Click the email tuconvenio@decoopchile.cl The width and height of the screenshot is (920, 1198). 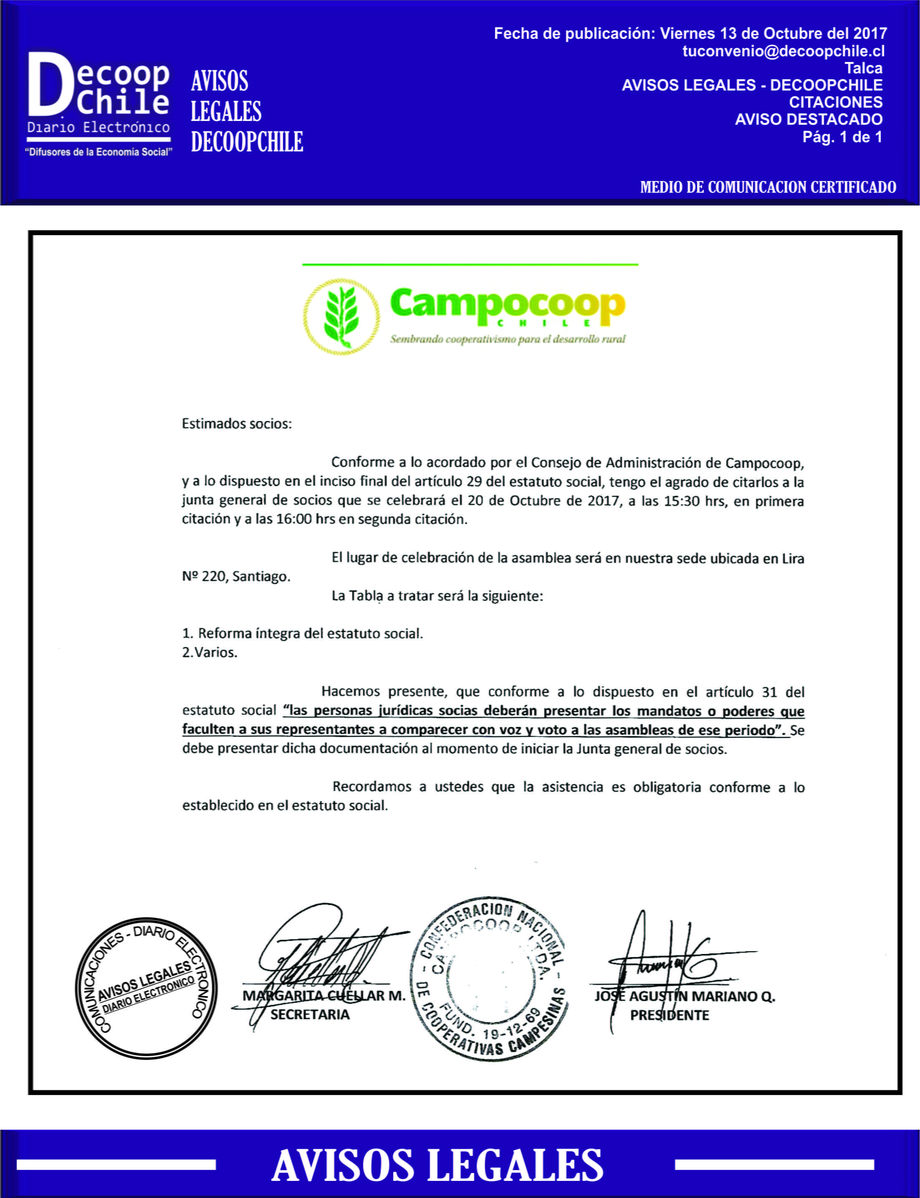(783, 51)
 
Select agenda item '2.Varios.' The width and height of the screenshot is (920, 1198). (210, 652)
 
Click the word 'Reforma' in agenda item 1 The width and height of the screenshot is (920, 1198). (225, 634)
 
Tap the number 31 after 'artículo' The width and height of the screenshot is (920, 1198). (769, 692)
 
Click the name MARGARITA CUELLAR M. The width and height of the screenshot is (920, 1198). (324, 996)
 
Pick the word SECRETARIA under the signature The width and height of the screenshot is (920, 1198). (310, 1014)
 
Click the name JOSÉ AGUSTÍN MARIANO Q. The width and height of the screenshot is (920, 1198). (685, 997)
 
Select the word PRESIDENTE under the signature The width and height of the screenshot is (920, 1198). (669, 1015)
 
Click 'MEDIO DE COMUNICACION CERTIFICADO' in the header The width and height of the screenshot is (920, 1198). (768, 187)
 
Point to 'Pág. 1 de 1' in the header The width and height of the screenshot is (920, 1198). (842, 137)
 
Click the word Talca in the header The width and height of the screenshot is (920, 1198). (863, 68)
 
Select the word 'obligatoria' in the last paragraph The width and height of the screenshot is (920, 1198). (667, 787)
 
